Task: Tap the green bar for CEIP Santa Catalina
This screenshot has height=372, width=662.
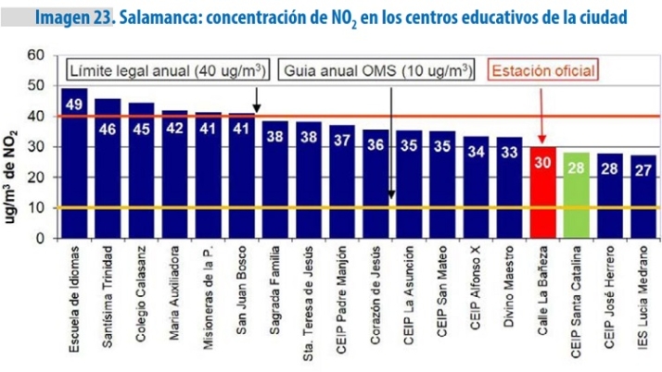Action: coord(577,199)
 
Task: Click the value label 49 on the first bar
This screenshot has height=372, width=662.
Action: coord(74,103)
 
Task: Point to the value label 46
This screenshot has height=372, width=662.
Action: coord(108,129)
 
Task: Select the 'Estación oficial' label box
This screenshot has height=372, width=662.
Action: coord(543,70)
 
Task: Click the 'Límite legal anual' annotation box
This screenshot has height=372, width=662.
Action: coord(161,70)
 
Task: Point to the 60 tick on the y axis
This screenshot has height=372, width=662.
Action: coord(37,56)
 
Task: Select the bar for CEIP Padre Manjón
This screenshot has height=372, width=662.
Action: coord(342,185)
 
